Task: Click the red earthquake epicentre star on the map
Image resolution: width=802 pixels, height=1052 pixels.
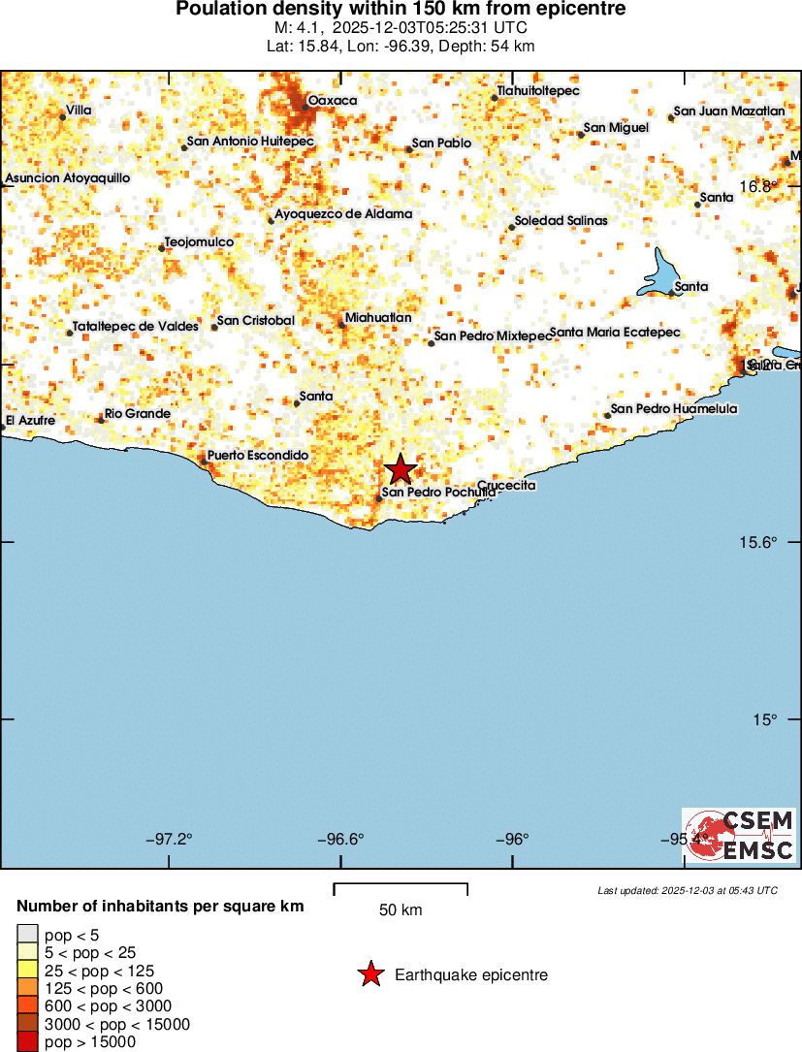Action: point(400,470)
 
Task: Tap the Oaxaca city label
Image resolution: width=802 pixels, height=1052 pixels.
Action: point(332,101)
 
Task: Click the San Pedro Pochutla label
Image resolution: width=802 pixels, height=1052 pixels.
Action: point(438,493)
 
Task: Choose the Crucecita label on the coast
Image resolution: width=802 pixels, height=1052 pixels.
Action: point(506,485)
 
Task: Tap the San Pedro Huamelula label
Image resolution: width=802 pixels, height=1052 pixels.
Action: point(673,409)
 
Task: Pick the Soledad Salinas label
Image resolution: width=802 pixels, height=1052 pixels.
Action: point(561,221)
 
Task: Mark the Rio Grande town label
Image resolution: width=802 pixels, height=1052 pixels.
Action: point(137,414)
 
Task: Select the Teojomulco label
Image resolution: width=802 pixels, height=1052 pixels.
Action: point(199,241)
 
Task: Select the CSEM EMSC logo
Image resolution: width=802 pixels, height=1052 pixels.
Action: point(739,835)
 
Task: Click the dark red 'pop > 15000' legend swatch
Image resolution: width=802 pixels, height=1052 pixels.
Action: point(27,1041)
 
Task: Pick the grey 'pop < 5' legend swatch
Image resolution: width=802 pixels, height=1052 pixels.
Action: point(27,934)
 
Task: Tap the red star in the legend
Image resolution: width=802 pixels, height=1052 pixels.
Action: point(370,974)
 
